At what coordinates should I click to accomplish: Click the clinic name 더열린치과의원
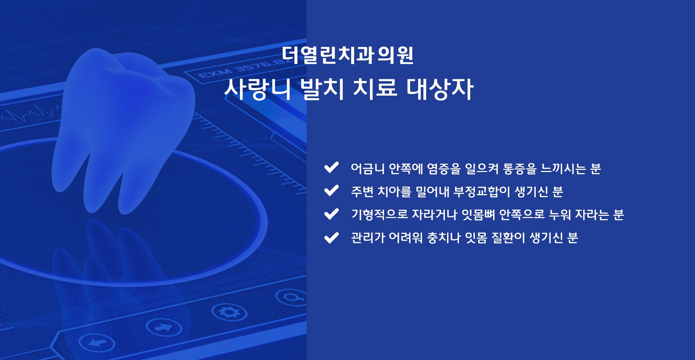pos(347,55)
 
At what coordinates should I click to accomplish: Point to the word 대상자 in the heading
pos(440,89)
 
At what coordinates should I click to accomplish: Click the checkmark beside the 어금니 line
pos(331,167)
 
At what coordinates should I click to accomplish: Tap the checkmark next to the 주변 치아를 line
pos(331,191)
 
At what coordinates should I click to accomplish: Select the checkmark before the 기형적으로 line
pos(331,214)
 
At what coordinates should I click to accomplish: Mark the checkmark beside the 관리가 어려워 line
pos(331,238)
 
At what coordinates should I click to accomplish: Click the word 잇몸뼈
pos(479,214)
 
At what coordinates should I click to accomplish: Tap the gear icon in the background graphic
pos(229,312)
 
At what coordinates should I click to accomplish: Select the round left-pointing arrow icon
pos(97,342)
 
